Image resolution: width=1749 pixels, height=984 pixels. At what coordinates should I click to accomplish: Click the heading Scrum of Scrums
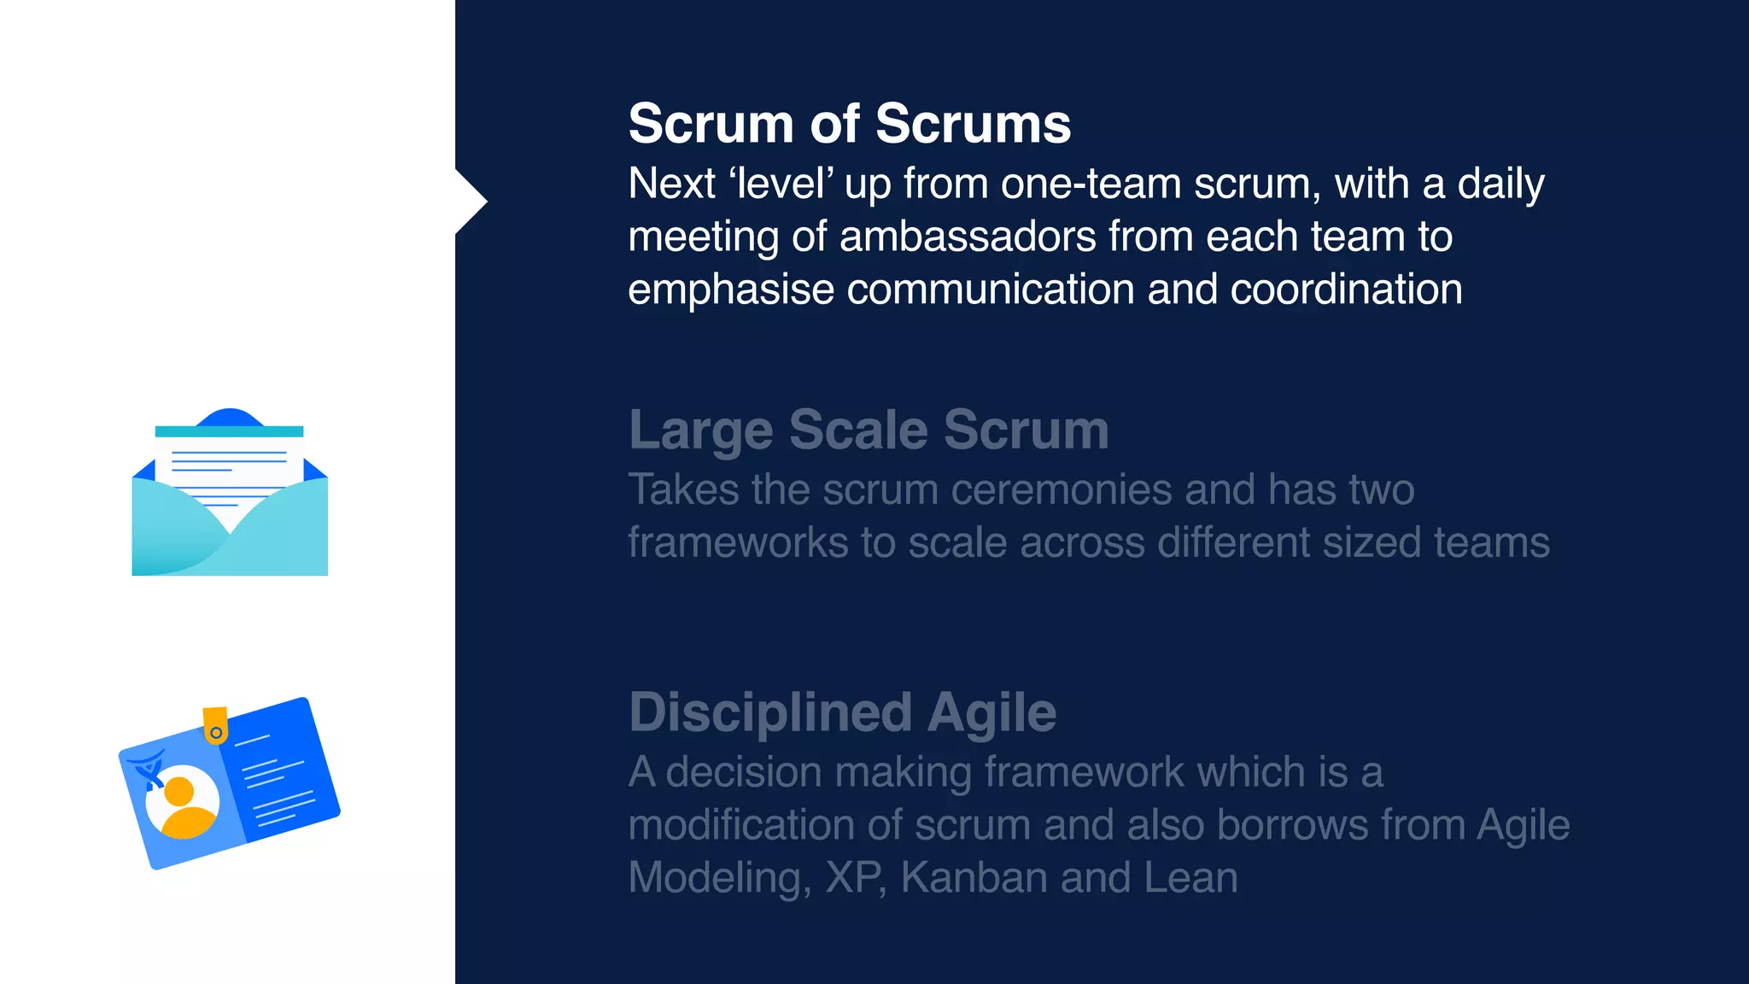point(849,124)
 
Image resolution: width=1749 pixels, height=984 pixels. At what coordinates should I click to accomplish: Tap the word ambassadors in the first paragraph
point(968,237)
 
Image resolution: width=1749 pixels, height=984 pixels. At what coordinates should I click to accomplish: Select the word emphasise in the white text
point(730,290)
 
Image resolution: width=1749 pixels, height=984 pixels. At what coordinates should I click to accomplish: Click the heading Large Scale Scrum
point(869,430)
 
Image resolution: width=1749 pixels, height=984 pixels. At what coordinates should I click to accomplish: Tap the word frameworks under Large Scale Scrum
point(738,543)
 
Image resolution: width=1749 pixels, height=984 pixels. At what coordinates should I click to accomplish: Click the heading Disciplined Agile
point(842,712)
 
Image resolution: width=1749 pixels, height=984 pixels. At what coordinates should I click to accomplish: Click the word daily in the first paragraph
point(1500,184)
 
